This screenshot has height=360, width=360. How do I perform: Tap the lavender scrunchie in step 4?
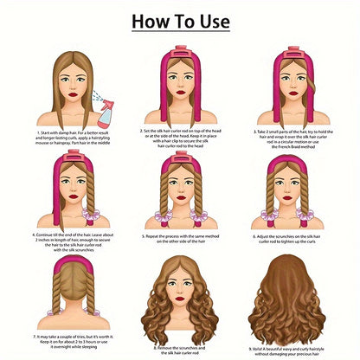click(x=90, y=215)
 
